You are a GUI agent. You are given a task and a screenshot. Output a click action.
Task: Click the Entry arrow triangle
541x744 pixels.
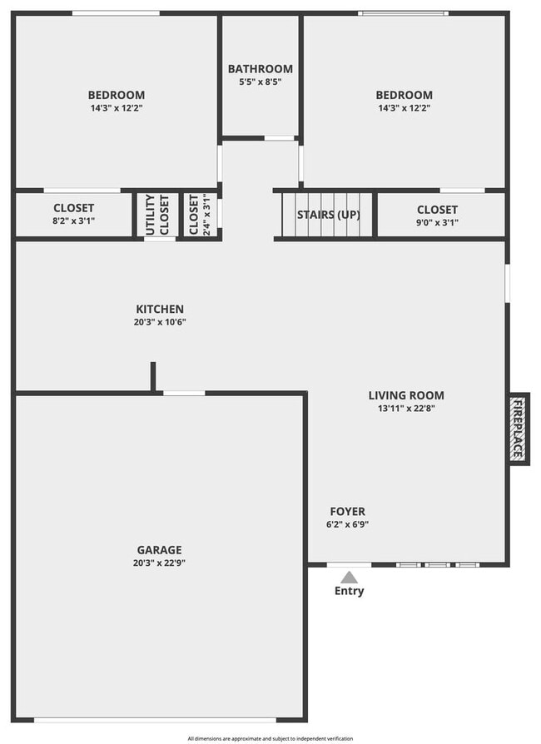coord(350,577)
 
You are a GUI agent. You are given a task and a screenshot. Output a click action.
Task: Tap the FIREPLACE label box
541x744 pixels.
coord(518,429)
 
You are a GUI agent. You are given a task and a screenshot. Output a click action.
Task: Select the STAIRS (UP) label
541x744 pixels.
coord(329,215)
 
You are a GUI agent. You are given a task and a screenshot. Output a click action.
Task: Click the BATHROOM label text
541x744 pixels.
coord(261,69)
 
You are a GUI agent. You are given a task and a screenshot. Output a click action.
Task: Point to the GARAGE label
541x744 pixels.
coord(159,550)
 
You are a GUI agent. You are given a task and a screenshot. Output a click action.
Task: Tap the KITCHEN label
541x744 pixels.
coord(160,309)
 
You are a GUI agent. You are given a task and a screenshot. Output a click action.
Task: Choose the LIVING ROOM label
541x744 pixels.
coord(406,395)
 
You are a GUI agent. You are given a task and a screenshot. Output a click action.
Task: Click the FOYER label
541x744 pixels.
coord(347,511)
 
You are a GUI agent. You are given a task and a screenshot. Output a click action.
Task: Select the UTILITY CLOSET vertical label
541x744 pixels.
coord(156,215)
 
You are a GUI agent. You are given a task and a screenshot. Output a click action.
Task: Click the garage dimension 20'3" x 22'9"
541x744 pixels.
coord(159,563)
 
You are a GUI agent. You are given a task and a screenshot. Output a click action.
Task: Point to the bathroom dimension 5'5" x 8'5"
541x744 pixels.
coord(261,82)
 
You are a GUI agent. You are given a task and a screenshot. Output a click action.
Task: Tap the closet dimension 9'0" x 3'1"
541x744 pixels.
coord(437,222)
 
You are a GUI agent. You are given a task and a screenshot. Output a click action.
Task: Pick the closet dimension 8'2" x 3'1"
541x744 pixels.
coord(73,221)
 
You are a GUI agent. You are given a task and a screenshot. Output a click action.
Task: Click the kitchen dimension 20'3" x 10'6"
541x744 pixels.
coord(160,322)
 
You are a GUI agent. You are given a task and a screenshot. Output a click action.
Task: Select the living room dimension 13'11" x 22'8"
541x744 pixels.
coord(406,409)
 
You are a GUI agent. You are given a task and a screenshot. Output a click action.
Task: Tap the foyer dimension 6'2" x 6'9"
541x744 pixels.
coord(347,524)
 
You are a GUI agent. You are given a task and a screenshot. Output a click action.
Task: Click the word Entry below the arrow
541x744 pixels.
coord(349,592)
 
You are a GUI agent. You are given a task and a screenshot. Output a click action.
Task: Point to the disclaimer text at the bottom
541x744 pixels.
coord(270,738)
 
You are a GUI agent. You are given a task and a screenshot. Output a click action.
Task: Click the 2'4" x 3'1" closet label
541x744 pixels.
coord(200,215)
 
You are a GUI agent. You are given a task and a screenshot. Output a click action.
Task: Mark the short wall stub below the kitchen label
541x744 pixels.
coord(153,376)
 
